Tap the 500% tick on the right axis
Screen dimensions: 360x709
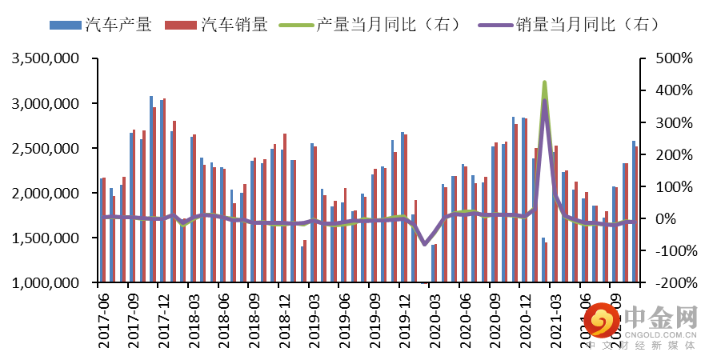pos(671,59)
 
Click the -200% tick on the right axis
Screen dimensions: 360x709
pos(671,283)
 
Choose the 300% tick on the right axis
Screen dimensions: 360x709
pos(671,123)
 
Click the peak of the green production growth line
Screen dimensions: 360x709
pos(544,82)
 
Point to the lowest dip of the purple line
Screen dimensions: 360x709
pos(424,244)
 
